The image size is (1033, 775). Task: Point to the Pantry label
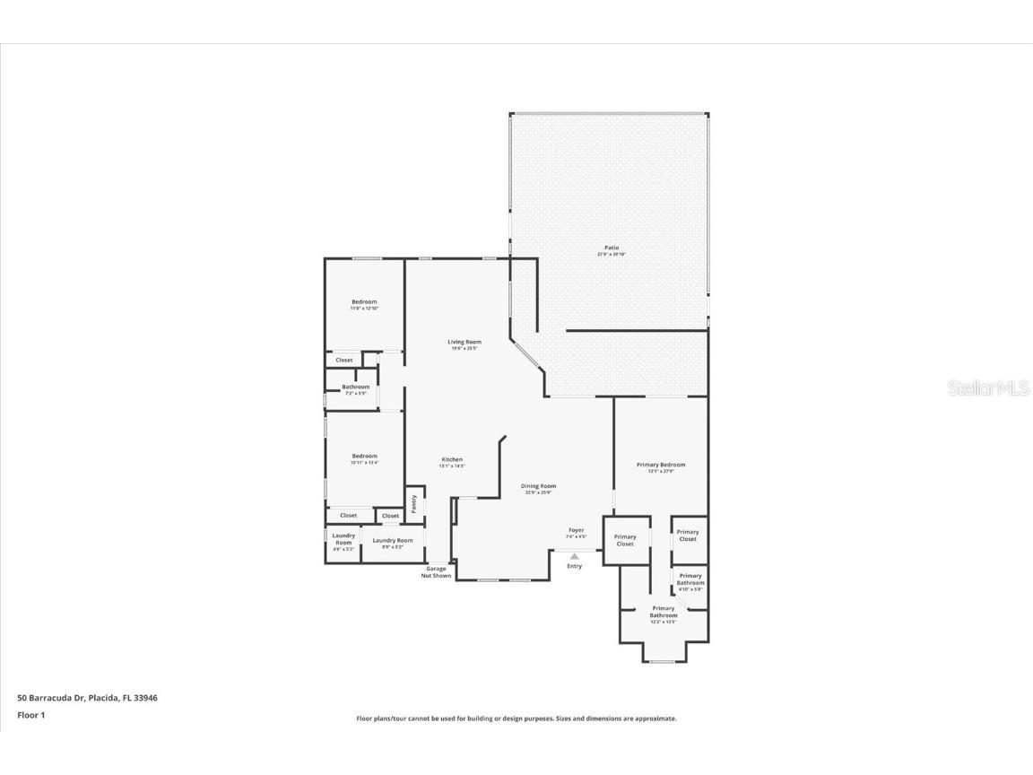coord(414,503)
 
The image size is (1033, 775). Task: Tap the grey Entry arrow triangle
coord(575,556)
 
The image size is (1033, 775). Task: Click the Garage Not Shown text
coord(436,571)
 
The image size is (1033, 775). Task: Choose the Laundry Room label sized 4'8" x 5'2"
coord(343,539)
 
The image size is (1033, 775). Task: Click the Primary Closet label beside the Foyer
coord(625,540)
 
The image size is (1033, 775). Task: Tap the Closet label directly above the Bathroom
coord(344,360)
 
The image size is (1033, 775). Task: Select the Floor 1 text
coord(30,715)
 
